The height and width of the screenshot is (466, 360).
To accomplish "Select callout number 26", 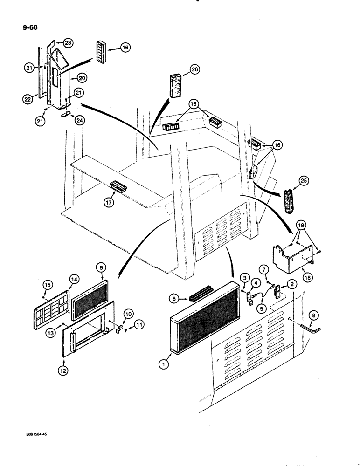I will point(194,70).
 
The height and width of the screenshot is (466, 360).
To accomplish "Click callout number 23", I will point(68,43).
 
